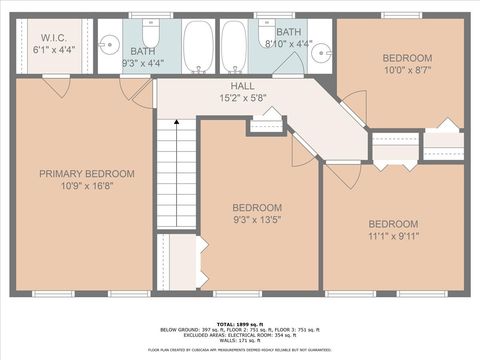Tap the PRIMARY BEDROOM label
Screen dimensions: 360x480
[x=86, y=174]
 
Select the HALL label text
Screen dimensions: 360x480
[x=242, y=87]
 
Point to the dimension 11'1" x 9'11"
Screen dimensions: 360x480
[x=393, y=237]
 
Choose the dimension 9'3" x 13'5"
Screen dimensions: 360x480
[x=259, y=220]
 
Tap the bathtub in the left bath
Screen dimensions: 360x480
[x=198, y=46]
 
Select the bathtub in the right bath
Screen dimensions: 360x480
[x=234, y=46]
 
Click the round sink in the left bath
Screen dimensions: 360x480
[x=110, y=44]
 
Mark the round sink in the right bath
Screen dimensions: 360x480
[x=321, y=53]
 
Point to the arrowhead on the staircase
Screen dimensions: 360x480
[x=177, y=122]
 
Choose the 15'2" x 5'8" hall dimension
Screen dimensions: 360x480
[x=242, y=99]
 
